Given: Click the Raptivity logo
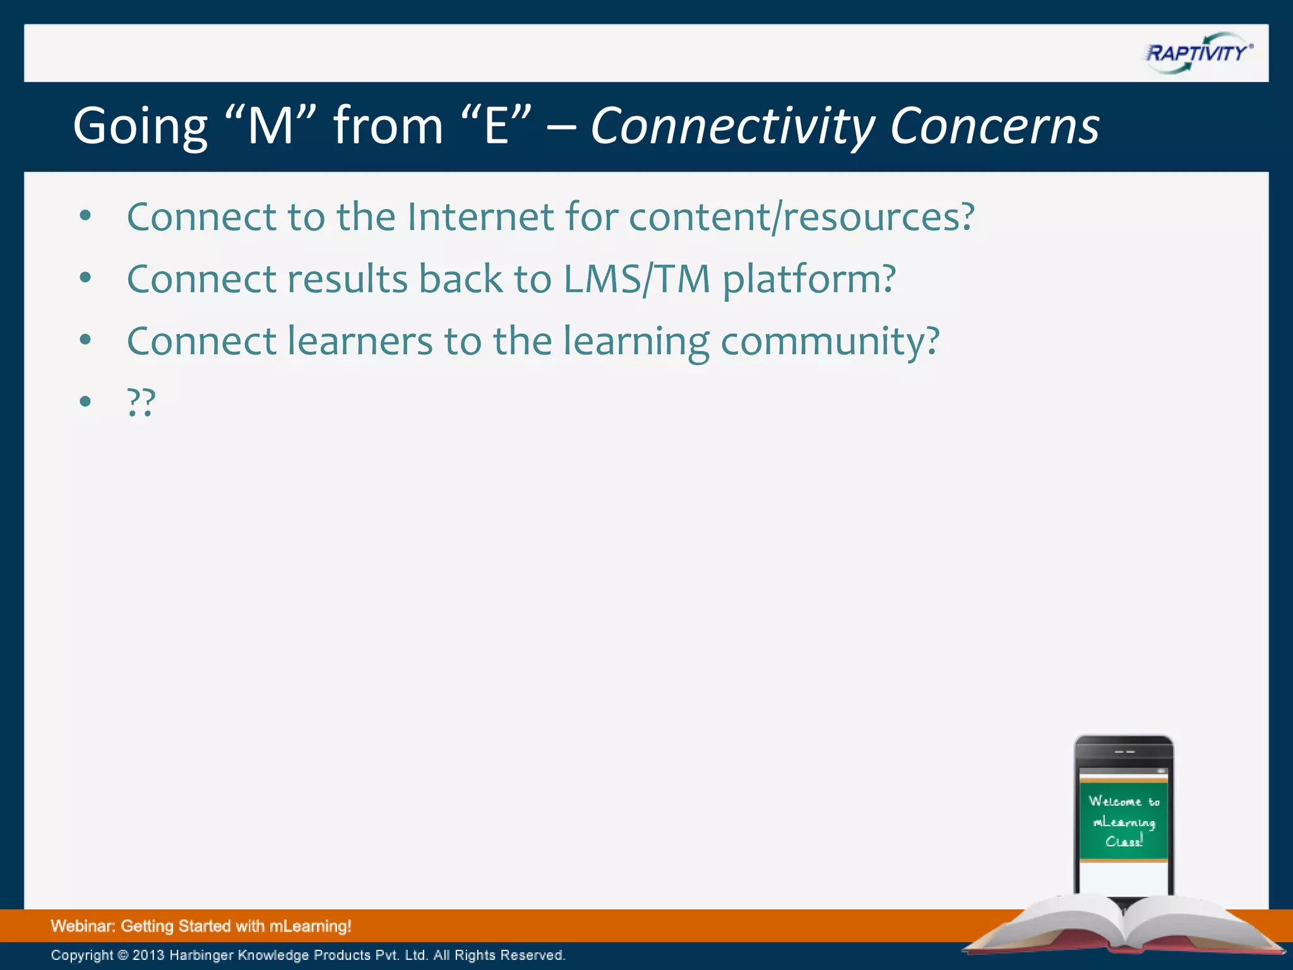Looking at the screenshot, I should point(1198,53).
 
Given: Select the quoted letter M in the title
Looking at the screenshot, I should point(270,126).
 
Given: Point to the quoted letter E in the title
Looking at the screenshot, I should point(497,126).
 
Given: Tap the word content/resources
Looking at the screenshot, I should point(801,217).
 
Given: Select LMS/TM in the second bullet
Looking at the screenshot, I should point(636,278).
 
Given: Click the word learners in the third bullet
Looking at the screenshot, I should point(360,341).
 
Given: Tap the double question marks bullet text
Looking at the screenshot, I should point(141,402).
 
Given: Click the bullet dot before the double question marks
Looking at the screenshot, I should point(85,402).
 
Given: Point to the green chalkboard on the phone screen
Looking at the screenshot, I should point(1123,821).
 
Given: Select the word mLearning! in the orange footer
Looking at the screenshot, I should point(310,926).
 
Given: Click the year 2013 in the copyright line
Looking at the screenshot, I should point(148,955).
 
